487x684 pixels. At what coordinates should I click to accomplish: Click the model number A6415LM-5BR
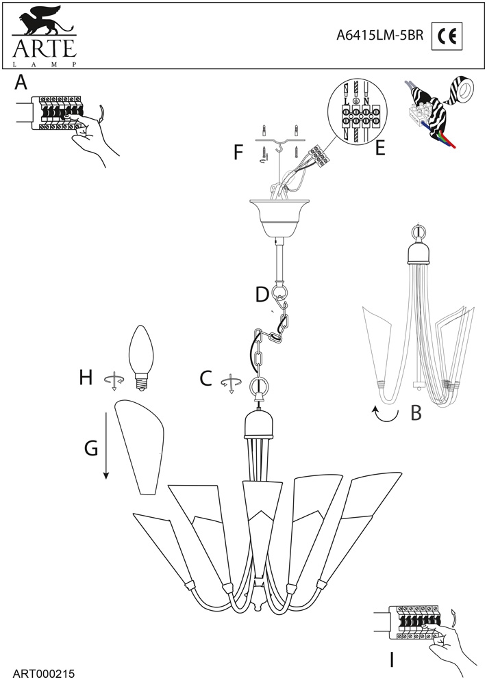tap(379, 36)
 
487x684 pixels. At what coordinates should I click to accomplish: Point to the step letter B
tap(415, 412)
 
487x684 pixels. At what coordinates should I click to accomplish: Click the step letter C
tap(205, 378)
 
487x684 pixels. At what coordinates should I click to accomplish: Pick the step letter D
tap(261, 295)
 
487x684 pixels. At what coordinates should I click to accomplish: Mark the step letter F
tap(238, 151)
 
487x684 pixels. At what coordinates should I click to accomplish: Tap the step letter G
tap(91, 448)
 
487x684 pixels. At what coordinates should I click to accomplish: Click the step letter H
tap(86, 377)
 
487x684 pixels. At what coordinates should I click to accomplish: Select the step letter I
tap(391, 660)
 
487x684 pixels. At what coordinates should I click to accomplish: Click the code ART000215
tap(43, 674)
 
